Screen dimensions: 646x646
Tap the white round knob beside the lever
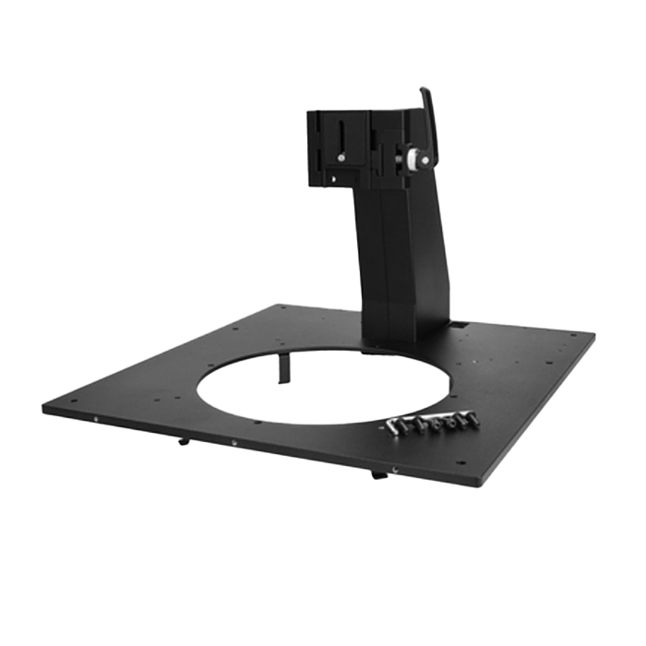point(406,161)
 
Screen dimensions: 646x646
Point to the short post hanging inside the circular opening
point(282,369)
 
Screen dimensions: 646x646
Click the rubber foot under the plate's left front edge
point(181,441)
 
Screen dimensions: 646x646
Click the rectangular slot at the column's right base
point(455,326)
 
